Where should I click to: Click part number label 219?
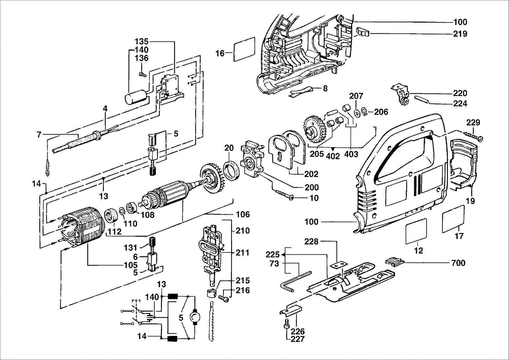tap(461, 34)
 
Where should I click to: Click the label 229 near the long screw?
tap(473, 122)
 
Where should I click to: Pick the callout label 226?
tap(298, 331)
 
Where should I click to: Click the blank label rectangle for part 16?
tap(244, 49)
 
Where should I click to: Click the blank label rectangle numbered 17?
tap(453, 219)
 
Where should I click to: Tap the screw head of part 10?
tap(291, 198)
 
